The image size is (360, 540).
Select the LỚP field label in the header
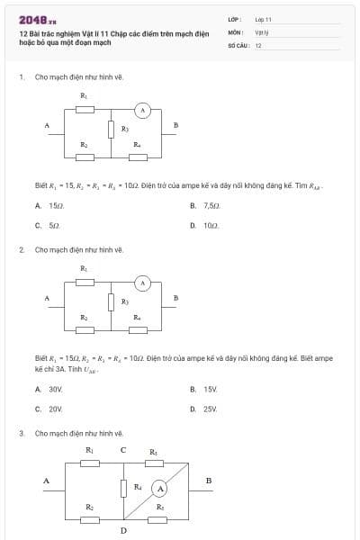click(234, 19)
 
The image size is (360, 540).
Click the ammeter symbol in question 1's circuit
click(141, 110)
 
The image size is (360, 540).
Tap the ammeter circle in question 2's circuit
click(141, 284)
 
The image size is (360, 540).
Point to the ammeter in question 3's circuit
click(159, 489)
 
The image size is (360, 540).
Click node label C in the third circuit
click(123, 450)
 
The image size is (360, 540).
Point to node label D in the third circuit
click(123, 530)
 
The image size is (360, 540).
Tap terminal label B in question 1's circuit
click(176, 124)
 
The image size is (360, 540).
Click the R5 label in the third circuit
click(153, 450)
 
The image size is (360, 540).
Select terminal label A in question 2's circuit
click(46, 299)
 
